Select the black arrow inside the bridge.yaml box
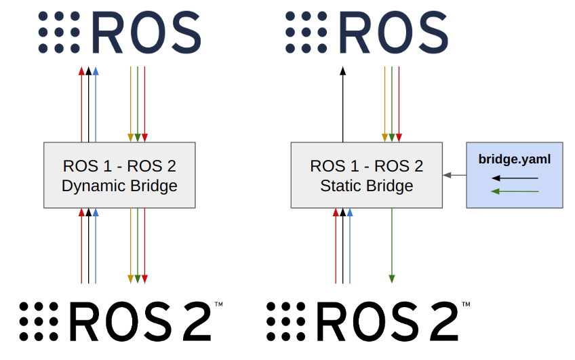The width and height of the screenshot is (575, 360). pyautogui.click(x=515, y=178)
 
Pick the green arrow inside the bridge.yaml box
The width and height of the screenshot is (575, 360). pyautogui.click(x=515, y=191)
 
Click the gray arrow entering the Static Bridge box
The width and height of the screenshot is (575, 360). pyautogui.click(x=454, y=175)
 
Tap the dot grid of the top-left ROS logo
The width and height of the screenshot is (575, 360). pyautogui.click(x=59, y=31)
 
